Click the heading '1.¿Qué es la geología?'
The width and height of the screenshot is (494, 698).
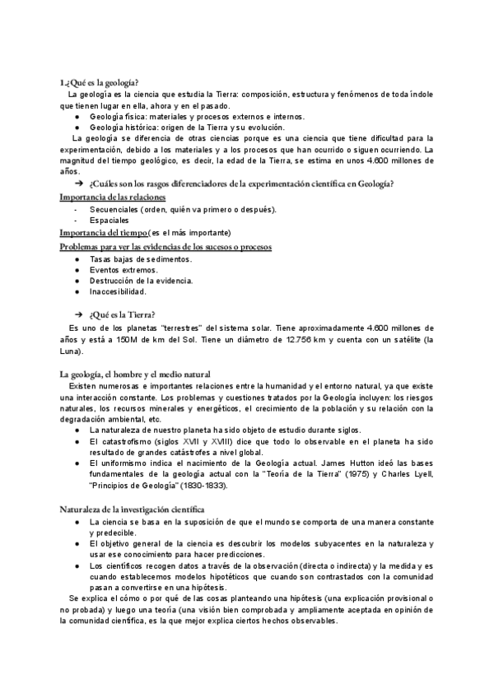point(99,82)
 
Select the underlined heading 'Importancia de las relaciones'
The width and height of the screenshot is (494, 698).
point(113,198)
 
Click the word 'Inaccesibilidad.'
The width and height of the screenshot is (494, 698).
point(119,291)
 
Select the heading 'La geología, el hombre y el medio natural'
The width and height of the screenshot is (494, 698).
point(136,375)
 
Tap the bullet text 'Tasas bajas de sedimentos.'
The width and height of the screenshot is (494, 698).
point(141,258)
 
